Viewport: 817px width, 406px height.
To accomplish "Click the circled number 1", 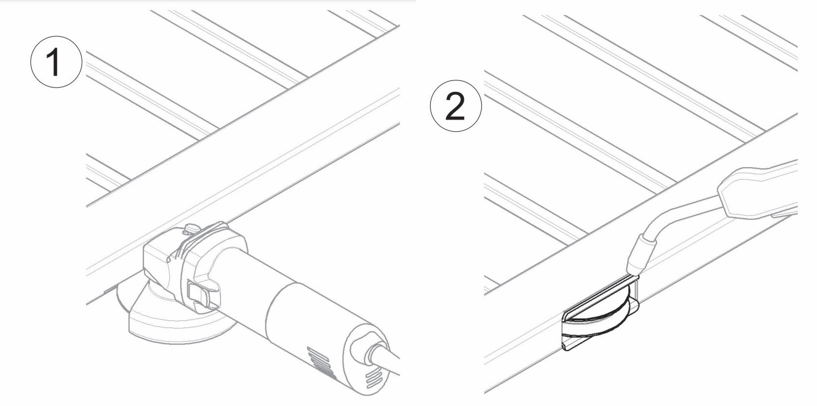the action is tap(56, 62).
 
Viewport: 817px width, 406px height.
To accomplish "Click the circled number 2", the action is tap(456, 106).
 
